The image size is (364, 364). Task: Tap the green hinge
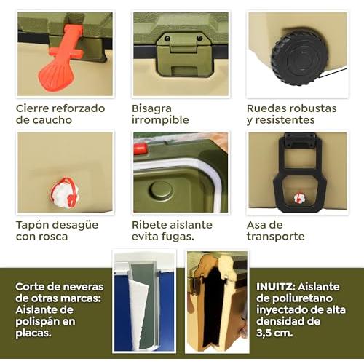(x=184, y=55)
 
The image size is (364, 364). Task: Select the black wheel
(x=298, y=58)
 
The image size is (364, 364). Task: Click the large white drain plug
(x=65, y=193)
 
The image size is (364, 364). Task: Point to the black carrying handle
(x=300, y=170)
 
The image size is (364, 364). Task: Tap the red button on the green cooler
(x=141, y=149)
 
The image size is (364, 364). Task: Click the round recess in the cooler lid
(x=161, y=190)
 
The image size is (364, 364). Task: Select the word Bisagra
(x=151, y=108)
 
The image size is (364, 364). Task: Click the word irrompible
(x=160, y=120)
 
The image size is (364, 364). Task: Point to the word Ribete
(x=148, y=225)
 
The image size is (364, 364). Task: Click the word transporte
(x=276, y=237)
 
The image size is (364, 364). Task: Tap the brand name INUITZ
(x=276, y=287)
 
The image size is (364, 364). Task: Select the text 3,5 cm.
(x=274, y=333)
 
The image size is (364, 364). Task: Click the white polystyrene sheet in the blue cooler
(x=138, y=313)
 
